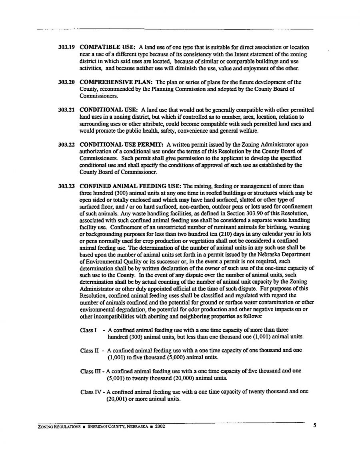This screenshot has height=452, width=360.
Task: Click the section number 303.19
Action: click(67, 48)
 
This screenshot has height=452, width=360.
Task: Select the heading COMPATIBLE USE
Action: click(108, 48)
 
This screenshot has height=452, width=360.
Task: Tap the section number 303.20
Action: click(67, 82)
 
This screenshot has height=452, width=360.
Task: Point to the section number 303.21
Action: click(67, 110)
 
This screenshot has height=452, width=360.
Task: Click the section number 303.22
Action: click(67, 144)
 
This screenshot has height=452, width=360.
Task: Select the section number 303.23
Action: click(67, 186)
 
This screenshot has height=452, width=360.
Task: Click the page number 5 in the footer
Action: click(315, 426)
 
